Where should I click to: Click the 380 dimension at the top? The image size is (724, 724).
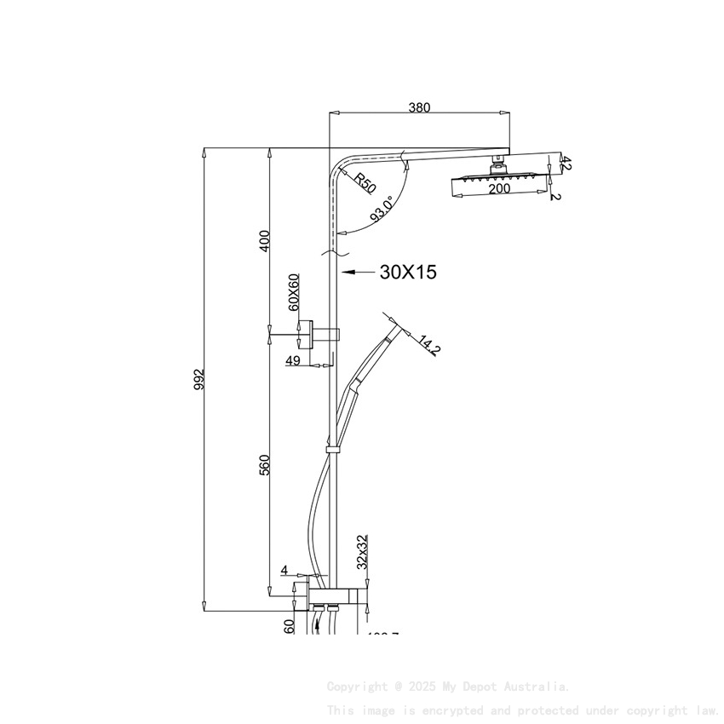coord(419,107)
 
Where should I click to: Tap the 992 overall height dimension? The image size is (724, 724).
coord(198,378)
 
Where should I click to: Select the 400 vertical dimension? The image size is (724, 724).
coord(264,240)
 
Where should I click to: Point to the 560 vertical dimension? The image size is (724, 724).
coord(264,465)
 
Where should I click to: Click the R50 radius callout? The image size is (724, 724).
coord(365,182)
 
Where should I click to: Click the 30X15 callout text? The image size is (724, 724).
coord(408,273)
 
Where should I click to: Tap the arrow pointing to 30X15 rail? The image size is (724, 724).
coord(358,273)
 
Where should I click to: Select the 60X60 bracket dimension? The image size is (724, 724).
coord(293,292)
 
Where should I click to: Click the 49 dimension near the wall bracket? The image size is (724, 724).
coord(293,361)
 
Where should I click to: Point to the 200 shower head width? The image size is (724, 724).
coord(499,188)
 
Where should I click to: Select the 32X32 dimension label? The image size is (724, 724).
coord(362,552)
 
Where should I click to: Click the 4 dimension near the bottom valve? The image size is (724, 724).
coord(284,571)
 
